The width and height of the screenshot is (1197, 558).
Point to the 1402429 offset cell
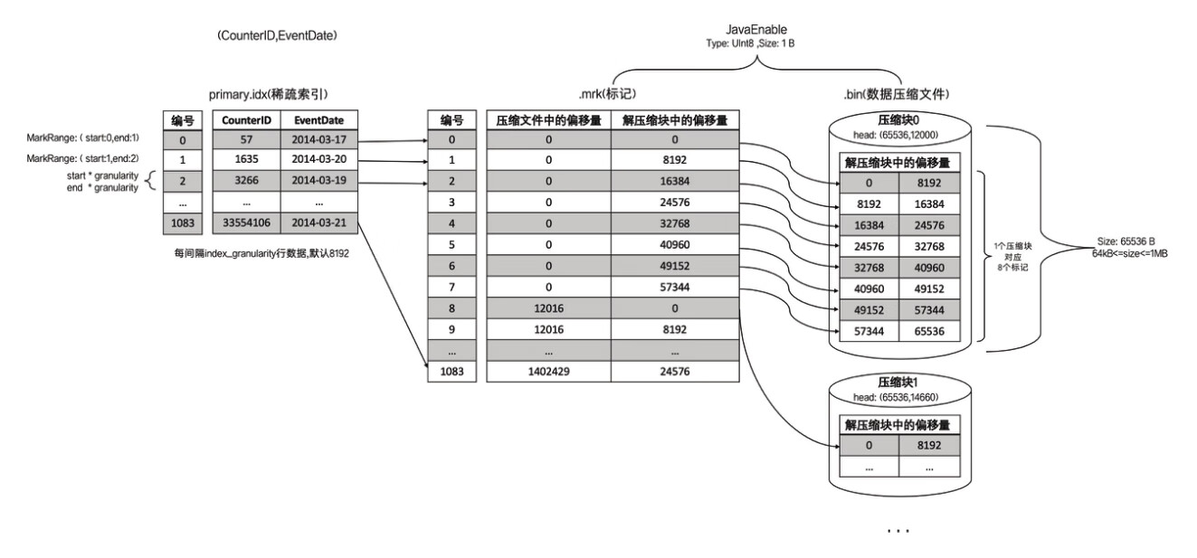tap(549, 371)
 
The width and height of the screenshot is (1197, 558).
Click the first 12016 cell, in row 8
tap(549, 307)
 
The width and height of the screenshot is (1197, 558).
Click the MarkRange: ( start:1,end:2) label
tap(83, 158)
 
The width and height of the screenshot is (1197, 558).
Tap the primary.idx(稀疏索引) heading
tap(267, 94)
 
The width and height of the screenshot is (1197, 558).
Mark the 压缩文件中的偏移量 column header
tap(549, 120)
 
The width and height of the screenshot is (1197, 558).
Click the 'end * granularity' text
tap(102, 187)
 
